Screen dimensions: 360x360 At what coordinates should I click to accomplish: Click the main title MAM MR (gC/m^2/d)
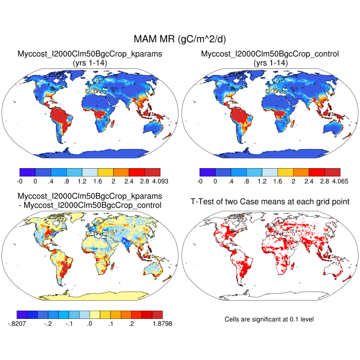click(180, 39)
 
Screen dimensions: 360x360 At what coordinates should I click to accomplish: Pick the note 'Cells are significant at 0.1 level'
click(269, 319)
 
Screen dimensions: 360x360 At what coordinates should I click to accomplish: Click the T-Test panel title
click(269, 201)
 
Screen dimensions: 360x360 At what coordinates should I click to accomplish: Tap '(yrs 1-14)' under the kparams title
click(90, 62)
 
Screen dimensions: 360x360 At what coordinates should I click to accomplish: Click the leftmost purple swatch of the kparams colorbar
click(27, 172)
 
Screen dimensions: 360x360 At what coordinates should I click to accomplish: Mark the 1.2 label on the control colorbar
click(270, 181)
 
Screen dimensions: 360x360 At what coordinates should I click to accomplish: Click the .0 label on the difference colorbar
click(90, 323)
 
